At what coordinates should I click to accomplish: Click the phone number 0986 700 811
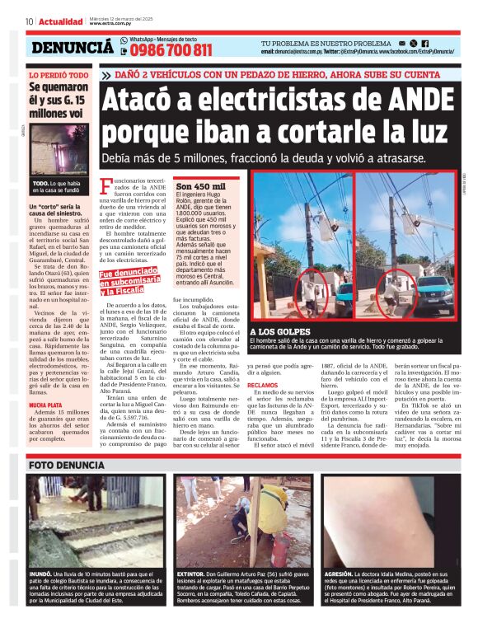coord(166,49)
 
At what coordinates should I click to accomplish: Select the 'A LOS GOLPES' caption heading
coord(274,331)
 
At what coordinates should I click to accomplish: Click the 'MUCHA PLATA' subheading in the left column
coord(46,406)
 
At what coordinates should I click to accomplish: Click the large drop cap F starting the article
coord(105,186)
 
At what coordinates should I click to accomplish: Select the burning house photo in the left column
coord(59,149)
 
